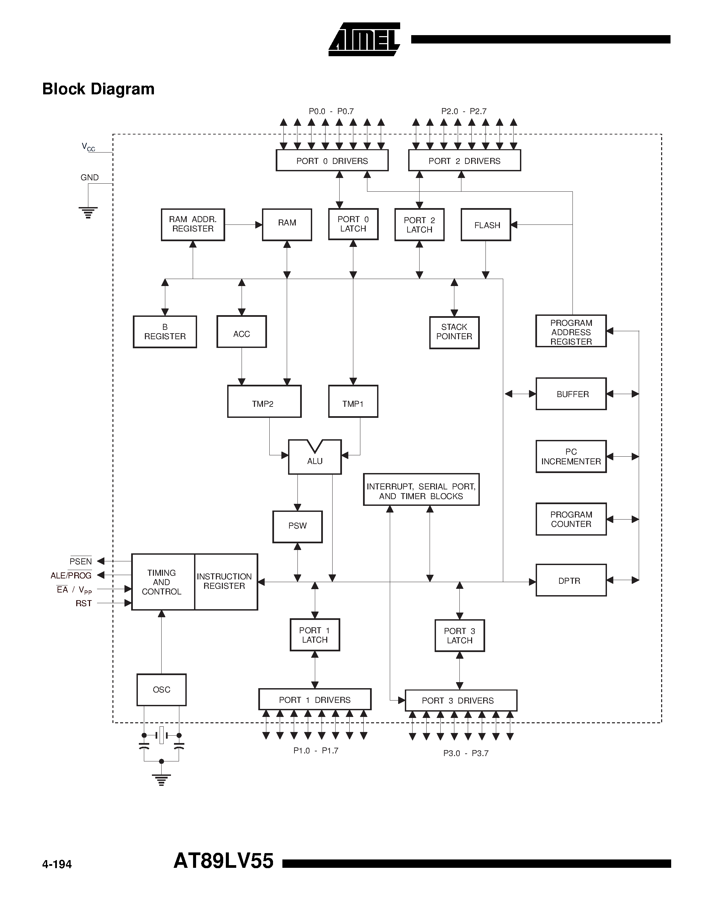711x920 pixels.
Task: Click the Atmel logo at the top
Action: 364,39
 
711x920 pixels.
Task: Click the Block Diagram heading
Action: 98,89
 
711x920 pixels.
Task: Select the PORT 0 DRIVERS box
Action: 332,161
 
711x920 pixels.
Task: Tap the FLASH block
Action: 485,225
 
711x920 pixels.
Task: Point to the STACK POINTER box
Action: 454,332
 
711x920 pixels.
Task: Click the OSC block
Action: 161,689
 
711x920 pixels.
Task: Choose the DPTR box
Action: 571,580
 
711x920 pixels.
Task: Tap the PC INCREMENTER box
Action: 571,457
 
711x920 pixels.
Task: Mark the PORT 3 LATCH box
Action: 459,636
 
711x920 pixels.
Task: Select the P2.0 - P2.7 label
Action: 464,111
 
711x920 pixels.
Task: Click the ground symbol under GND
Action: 88,212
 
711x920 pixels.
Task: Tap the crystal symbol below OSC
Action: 161,735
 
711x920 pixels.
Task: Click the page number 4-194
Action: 57,865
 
